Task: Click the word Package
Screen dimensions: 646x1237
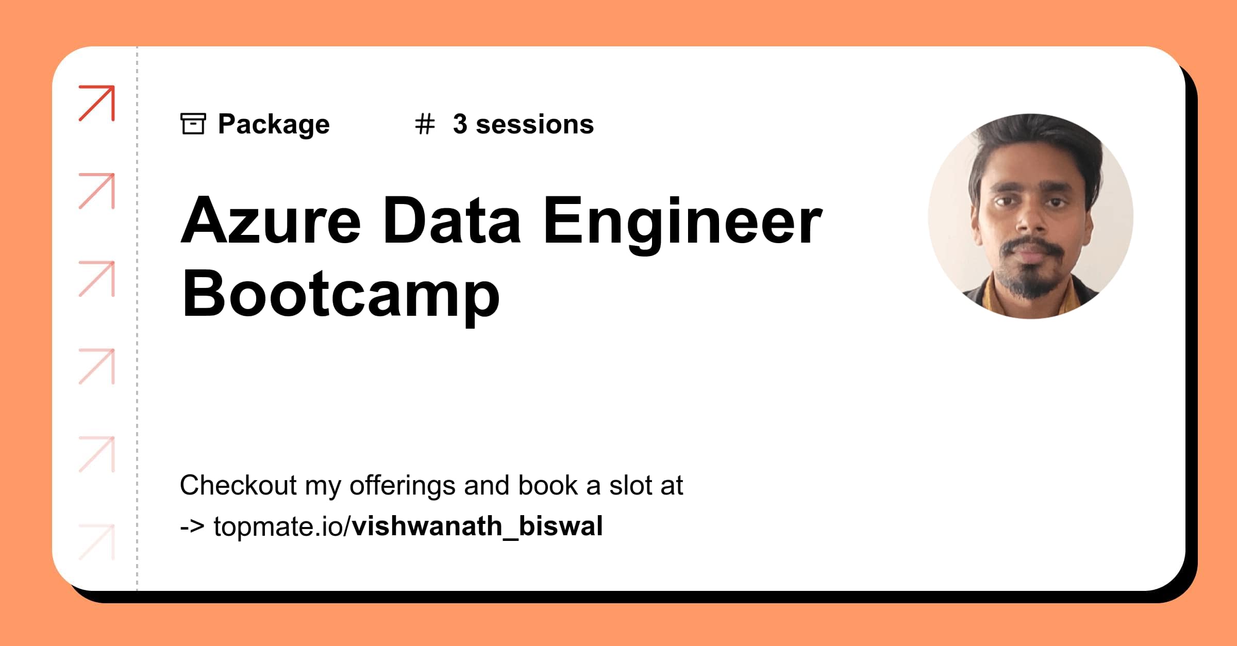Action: point(274,125)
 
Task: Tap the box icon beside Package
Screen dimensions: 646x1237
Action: point(193,124)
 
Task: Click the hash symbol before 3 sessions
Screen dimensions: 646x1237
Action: point(425,124)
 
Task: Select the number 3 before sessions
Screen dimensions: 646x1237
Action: point(460,124)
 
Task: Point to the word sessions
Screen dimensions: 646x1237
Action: point(534,125)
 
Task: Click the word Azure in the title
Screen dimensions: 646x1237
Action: point(271,221)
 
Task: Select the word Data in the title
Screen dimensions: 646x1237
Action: point(452,221)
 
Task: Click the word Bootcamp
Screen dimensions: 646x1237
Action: point(341,295)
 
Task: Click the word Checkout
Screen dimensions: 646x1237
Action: point(238,485)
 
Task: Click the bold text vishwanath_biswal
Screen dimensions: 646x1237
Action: point(477,526)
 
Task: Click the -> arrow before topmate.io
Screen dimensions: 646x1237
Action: point(192,526)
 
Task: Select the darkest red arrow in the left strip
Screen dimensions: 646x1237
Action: point(97,104)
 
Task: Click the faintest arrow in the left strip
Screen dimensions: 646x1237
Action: point(97,542)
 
